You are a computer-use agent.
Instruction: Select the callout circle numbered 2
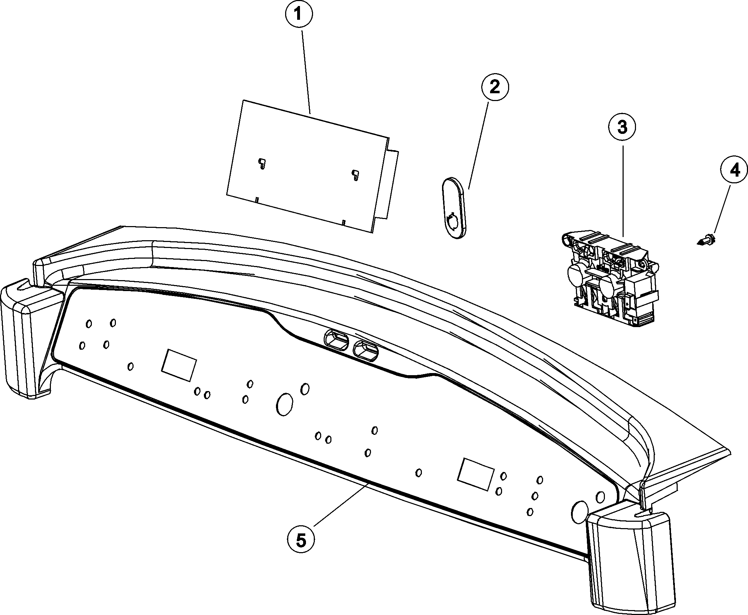tap(495, 87)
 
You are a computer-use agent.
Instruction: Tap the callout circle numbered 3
tap(622, 127)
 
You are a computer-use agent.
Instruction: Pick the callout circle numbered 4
tap(734, 171)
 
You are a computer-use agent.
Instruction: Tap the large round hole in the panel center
tap(284, 404)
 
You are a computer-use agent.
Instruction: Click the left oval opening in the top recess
tap(336, 340)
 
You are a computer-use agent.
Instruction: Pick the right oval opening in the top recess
tap(366, 350)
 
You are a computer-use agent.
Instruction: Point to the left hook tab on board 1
tap(262, 163)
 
